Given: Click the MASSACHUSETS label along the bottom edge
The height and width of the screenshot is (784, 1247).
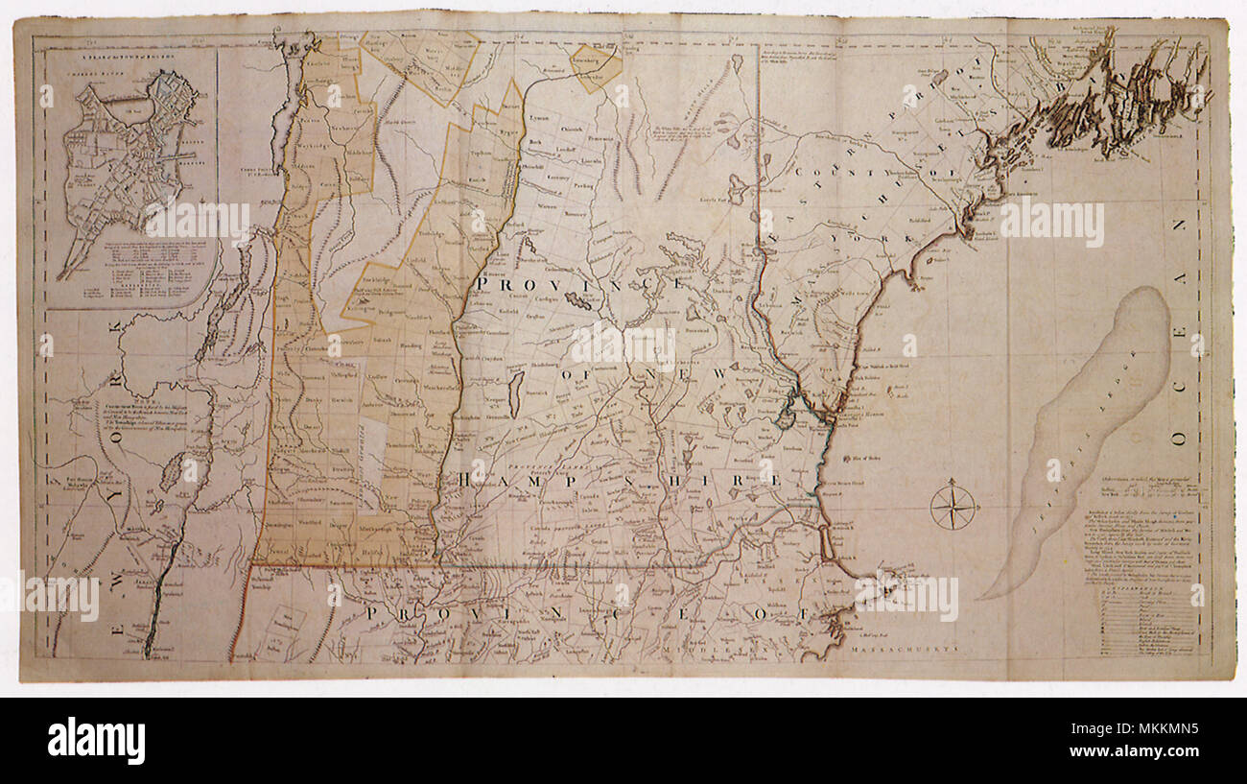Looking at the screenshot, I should [907, 649].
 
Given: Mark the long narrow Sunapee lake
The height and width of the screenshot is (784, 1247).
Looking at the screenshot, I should [515, 393].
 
